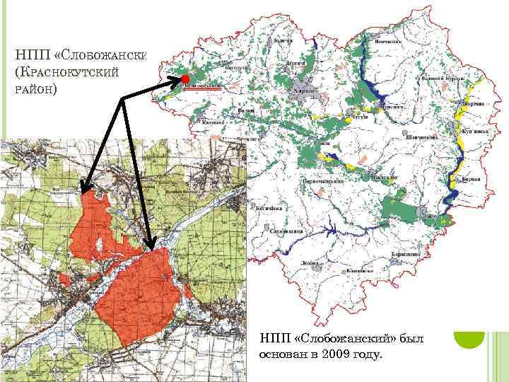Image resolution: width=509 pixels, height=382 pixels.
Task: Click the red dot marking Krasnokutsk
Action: point(184,78)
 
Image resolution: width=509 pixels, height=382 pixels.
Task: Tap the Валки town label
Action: point(245,111)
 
